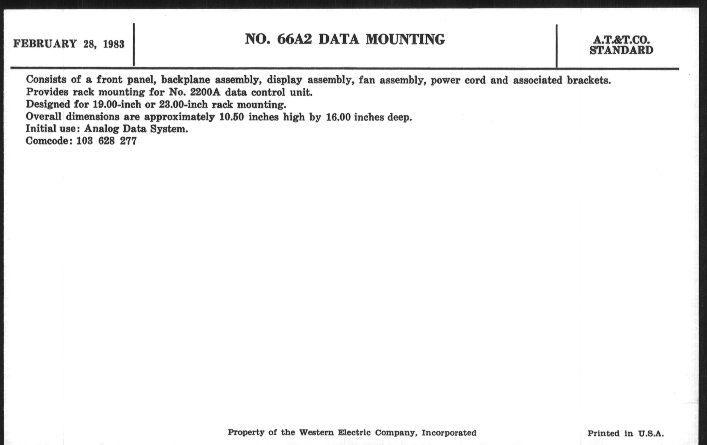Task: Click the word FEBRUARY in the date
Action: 45,44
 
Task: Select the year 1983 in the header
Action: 114,44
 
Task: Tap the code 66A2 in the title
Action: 294,39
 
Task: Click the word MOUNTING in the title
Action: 405,39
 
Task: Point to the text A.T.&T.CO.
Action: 621,40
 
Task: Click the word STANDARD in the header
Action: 621,50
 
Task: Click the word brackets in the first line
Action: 589,80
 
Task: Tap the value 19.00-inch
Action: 117,105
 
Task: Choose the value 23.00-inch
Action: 183,105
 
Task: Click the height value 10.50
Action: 232,117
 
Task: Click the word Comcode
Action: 47,141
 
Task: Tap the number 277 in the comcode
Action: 128,141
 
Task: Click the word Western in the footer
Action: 316,432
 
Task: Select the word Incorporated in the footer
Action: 449,433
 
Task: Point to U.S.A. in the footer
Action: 651,434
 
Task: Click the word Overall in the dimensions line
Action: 43,117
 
